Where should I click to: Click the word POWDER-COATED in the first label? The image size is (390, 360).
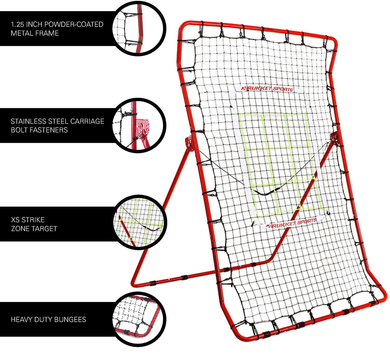tap(74, 24)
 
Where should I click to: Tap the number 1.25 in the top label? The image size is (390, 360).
tap(17, 24)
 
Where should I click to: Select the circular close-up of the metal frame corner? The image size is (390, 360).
tap(139, 28)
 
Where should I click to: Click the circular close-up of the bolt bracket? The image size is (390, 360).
tap(139, 125)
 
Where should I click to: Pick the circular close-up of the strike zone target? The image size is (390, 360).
tap(140, 223)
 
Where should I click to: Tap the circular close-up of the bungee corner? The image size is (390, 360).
tap(139, 319)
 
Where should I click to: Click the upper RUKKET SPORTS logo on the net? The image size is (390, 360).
tap(268, 89)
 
